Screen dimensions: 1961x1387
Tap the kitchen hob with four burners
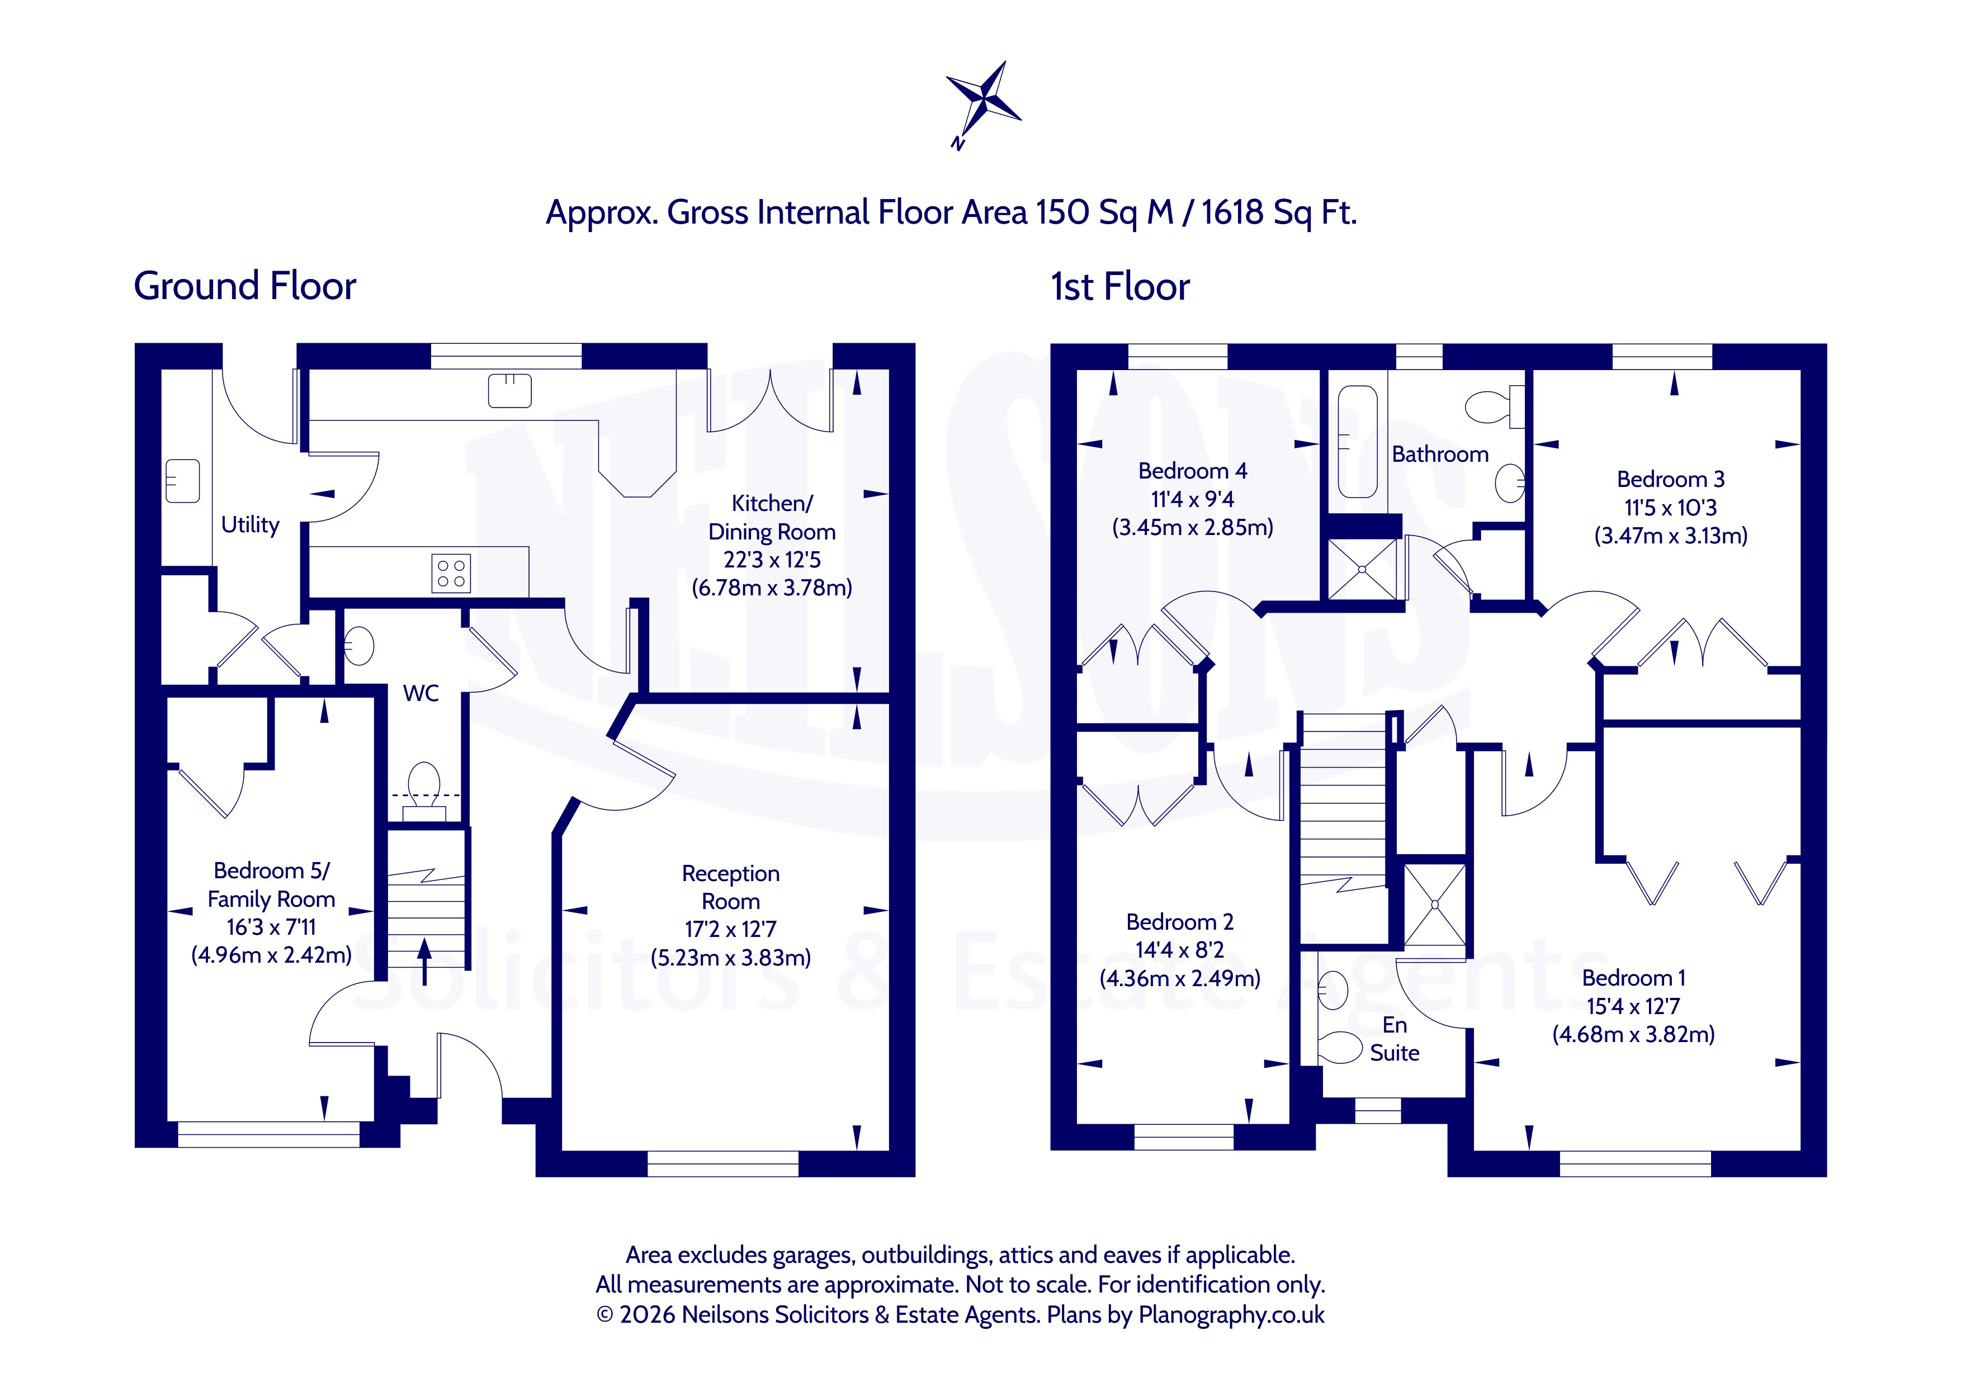(x=451, y=572)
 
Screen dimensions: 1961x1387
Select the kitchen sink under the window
(x=510, y=390)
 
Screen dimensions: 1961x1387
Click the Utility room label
(x=251, y=524)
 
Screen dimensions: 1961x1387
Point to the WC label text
(x=421, y=693)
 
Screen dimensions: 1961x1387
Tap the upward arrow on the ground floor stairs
(x=424, y=961)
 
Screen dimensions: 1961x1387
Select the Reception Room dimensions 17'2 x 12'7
(x=730, y=929)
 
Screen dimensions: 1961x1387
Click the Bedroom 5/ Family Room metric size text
(x=272, y=955)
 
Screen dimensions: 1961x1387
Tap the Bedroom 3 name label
(x=1671, y=479)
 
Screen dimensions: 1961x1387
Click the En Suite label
(x=1395, y=1039)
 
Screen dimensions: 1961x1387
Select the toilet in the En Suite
(x=1338, y=1048)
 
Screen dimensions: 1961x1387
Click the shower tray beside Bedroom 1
(x=1435, y=905)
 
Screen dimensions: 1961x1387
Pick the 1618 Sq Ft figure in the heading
(x=1279, y=212)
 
